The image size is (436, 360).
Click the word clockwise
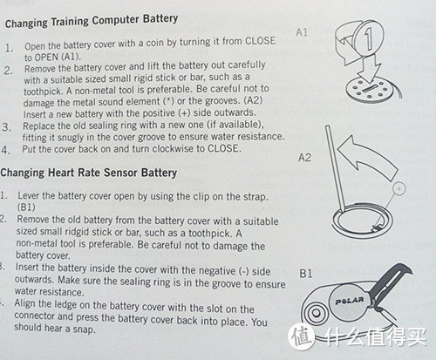point(173,149)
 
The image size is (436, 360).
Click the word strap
point(255,197)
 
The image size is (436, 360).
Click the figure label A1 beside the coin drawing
point(302,32)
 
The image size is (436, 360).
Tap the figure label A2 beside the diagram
point(304,158)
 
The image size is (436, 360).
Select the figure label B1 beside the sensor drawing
point(305,273)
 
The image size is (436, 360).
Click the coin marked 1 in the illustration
point(369,38)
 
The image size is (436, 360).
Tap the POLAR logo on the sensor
point(350,301)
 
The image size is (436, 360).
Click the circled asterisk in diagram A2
point(399,188)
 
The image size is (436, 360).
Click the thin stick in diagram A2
point(335,168)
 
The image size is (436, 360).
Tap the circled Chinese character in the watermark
point(302,336)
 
